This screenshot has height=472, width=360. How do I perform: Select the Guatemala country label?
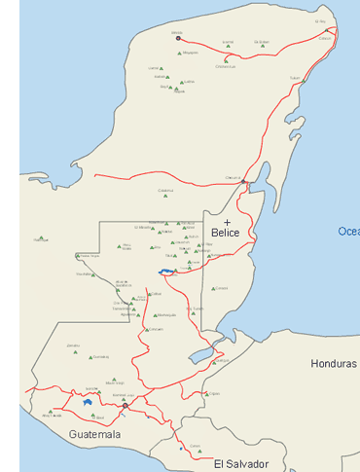(x=94, y=434)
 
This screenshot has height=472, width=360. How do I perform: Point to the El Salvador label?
(x=240, y=464)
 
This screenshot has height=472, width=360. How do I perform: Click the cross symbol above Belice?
(x=227, y=223)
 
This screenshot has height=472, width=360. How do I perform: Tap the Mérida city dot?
(x=178, y=38)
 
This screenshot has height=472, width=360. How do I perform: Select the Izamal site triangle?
(x=228, y=46)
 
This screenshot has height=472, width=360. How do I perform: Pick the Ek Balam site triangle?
(x=260, y=46)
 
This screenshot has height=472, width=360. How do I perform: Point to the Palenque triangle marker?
(x=79, y=260)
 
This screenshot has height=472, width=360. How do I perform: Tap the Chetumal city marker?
(x=243, y=182)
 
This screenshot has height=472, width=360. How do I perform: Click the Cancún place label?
(x=325, y=39)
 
